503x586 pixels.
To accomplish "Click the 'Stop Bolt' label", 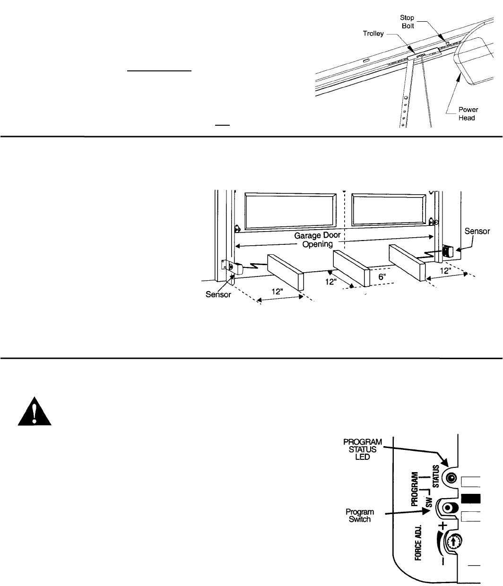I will pos(407,21).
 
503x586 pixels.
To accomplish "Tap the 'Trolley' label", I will pos(373,34).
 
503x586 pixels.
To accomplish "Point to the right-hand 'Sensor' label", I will pos(477,232).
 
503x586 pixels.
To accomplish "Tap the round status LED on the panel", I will pos(451,478).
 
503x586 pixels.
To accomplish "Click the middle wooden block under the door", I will pos(351,267).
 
